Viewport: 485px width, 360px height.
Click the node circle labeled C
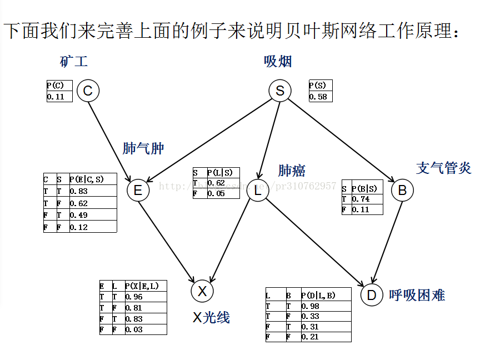point(88,91)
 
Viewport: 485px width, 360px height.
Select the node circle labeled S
point(279,91)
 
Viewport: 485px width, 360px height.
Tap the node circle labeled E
point(138,191)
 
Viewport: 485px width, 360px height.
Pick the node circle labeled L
point(257,191)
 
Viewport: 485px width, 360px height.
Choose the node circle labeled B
point(402,191)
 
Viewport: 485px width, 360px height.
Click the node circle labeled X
point(202,291)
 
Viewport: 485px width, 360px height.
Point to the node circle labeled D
point(372,294)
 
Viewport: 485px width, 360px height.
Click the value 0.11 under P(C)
point(56,97)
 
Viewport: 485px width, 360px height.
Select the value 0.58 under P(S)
point(318,97)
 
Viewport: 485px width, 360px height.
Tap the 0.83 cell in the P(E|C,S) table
point(79,191)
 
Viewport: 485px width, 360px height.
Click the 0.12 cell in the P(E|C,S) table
point(79,227)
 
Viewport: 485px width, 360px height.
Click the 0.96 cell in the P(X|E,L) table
point(134,297)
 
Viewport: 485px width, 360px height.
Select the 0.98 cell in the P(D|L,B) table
point(311,306)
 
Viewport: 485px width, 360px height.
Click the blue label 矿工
point(74,61)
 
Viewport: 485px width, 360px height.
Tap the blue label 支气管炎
point(443,167)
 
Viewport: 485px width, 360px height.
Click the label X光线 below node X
point(211,317)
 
